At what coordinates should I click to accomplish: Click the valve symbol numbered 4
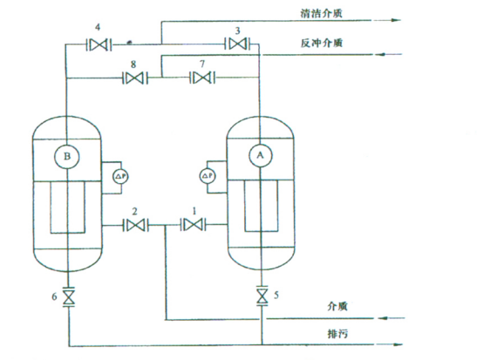(99, 45)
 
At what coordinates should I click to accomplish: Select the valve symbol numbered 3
(237, 44)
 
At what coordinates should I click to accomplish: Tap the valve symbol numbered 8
(135, 78)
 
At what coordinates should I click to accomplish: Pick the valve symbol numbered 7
(202, 78)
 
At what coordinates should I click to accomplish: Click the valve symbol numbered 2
(136, 225)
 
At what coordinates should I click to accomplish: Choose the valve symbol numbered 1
(194, 225)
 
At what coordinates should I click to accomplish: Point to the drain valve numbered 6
(68, 296)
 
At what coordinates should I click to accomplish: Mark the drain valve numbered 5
(262, 295)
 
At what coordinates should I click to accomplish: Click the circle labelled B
(67, 157)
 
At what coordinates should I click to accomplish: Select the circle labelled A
(260, 155)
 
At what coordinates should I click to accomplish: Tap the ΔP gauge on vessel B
(120, 177)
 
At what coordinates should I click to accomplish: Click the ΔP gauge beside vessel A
(208, 176)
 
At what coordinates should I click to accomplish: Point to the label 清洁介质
(322, 13)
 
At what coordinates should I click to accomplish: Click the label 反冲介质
(322, 43)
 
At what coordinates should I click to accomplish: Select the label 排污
(337, 334)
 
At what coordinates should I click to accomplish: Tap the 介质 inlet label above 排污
(337, 306)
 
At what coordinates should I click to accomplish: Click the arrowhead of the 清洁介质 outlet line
(396, 20)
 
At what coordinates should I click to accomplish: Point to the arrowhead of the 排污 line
(398, 344)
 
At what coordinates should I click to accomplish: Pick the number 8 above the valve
(133, 65)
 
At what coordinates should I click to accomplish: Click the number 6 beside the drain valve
(54, 296)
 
